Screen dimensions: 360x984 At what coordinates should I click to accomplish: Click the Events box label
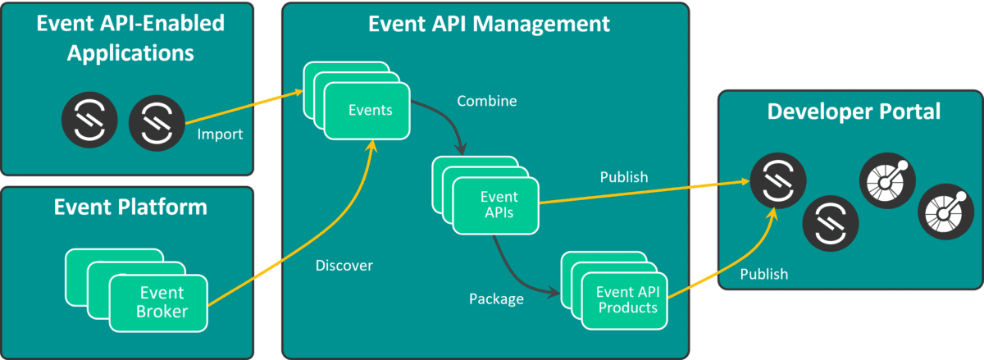tap(369, 111)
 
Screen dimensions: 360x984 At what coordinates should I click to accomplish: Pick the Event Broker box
tap(162, 302)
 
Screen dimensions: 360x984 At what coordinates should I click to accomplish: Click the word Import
tap(220, 134)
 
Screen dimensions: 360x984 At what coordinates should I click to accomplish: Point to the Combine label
tap(487, 102)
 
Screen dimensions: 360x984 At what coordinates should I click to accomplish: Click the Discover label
tap(344, 266)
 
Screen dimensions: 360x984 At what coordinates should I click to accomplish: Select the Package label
tap(496, 299)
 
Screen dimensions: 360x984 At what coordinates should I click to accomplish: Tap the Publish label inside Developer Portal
tap(763, 274)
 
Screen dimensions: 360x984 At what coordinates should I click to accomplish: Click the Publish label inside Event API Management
tap(623, 177)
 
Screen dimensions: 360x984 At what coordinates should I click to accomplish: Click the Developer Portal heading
tap(853, 112)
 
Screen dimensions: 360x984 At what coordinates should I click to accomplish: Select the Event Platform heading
tap(130, 207)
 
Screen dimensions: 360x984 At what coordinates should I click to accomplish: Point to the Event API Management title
tap(489, 23)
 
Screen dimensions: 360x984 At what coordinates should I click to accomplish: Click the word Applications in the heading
tap(130, 54)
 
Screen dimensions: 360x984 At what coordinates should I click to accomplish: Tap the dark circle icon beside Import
tap(155, 121)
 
